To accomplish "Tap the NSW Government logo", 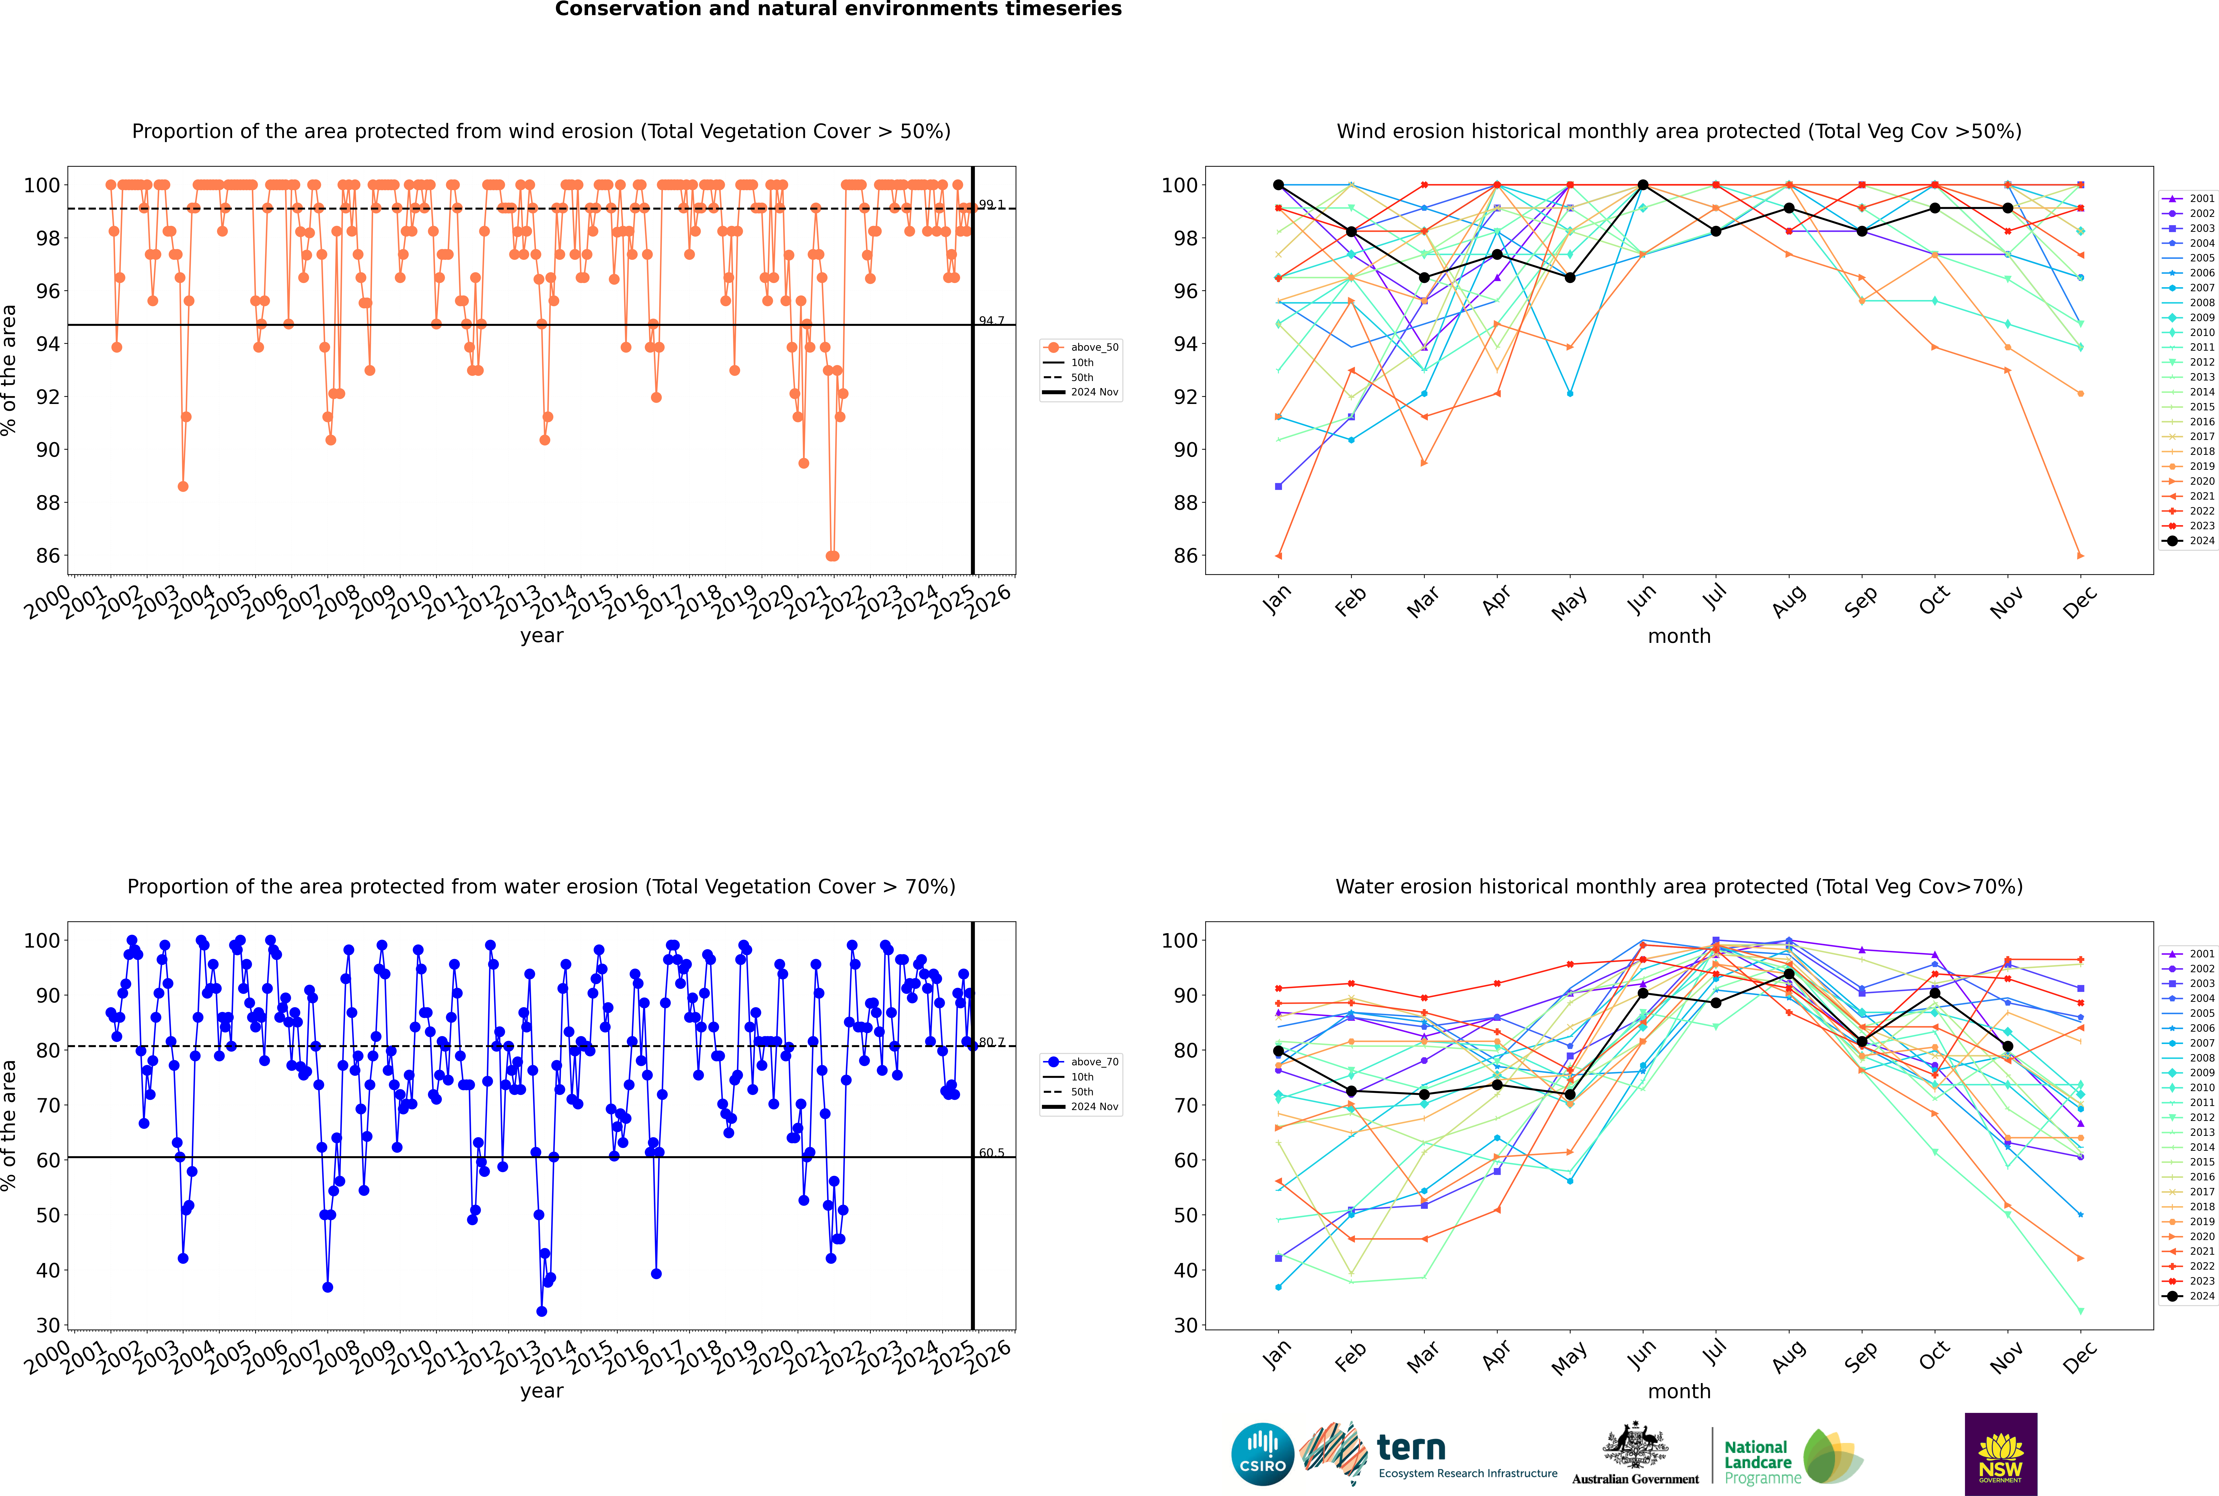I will click(2000, 1453).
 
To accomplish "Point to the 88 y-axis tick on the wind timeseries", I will click(48, 503).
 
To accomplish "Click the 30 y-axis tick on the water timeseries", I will click(48, 1325).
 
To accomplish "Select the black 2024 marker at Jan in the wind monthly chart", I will click(1278, 185).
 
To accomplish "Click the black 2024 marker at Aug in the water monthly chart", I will click(1789, 974).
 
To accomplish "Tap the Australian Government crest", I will click(1635, 1445).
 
